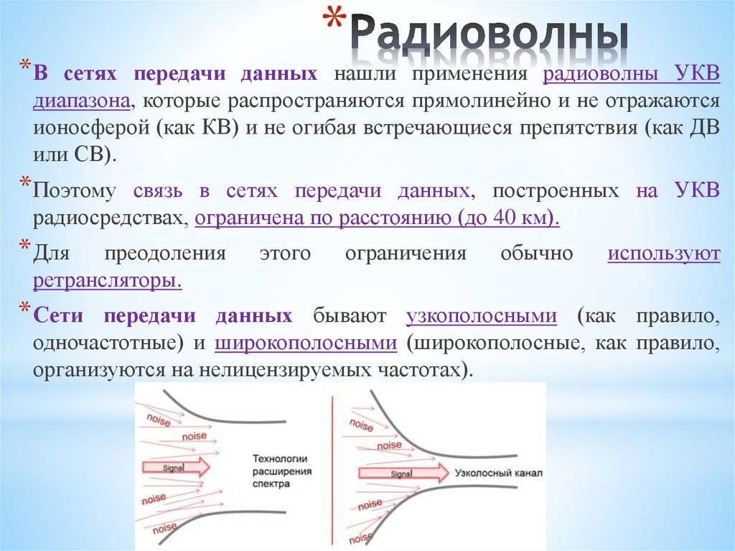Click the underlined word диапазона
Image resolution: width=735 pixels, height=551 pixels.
click(80, 101)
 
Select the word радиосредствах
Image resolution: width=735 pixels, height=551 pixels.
click(108, 218)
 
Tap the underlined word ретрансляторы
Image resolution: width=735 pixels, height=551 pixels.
click(106, 280)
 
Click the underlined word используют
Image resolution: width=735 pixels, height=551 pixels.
click(663, 254)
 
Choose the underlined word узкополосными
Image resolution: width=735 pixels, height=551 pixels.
click(482, 316)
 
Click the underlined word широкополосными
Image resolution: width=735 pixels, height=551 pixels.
click(306, 343)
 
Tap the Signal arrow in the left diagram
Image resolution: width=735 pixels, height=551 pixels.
click(175, 467)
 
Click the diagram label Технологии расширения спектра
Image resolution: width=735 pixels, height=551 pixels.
click(281, 471)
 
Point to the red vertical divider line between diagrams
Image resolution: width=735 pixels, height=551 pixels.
click(332, 467)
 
